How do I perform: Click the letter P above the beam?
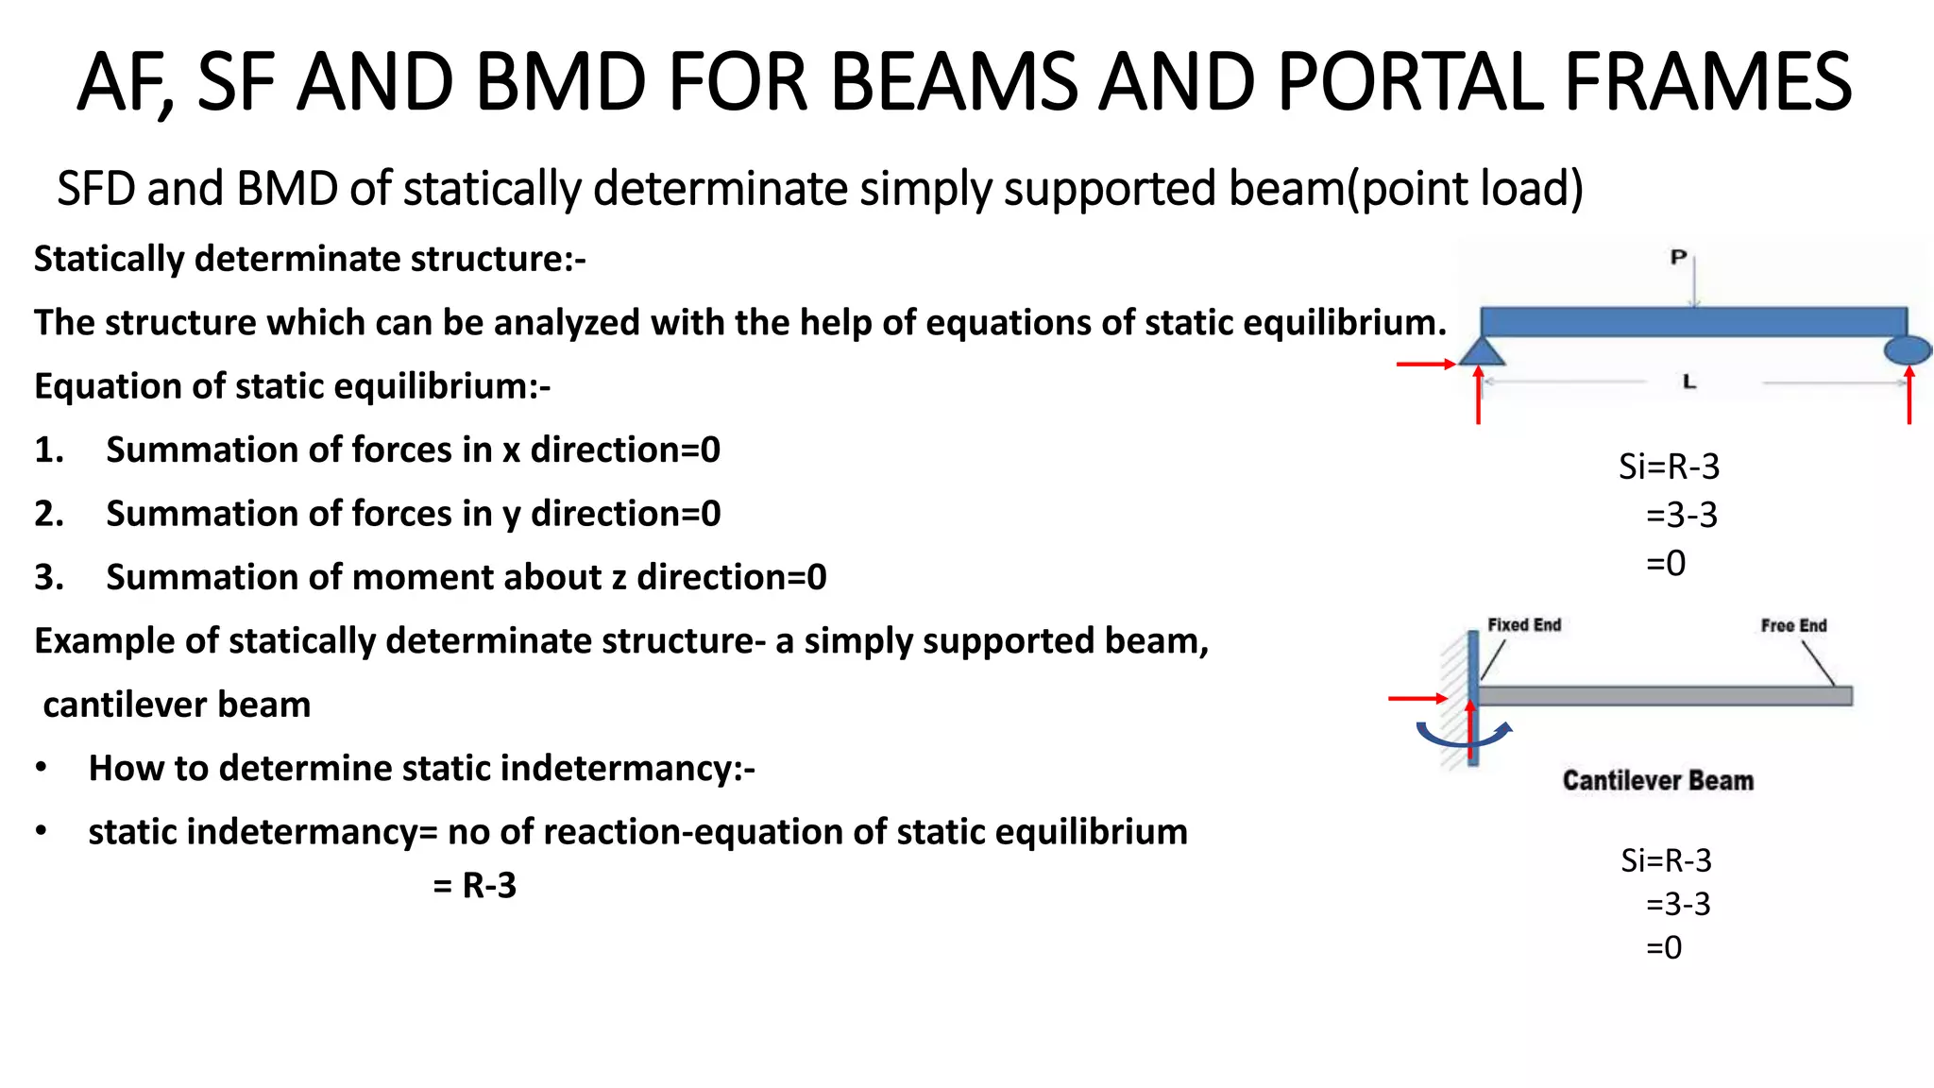click(1678, 257)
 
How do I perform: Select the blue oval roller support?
click(1908, 350)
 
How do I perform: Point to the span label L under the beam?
click(1689, 382)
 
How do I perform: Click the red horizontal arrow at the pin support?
click(1425, 364)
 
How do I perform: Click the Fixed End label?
click(1524, 625)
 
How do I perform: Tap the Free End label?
click(1793, 626)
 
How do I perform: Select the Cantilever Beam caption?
click(1657, 781)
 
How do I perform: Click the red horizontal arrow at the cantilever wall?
click(1417, 699)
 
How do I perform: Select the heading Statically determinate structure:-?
click(310, 259)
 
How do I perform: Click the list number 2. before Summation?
click(49, 514)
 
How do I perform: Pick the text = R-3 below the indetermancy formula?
click(475, 886)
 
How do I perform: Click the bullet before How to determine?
click(42, 769)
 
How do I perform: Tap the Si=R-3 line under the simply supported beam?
click(1669, 467)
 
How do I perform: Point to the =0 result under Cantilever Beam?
click(1664, 947)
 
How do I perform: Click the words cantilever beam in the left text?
click(177, 705)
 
